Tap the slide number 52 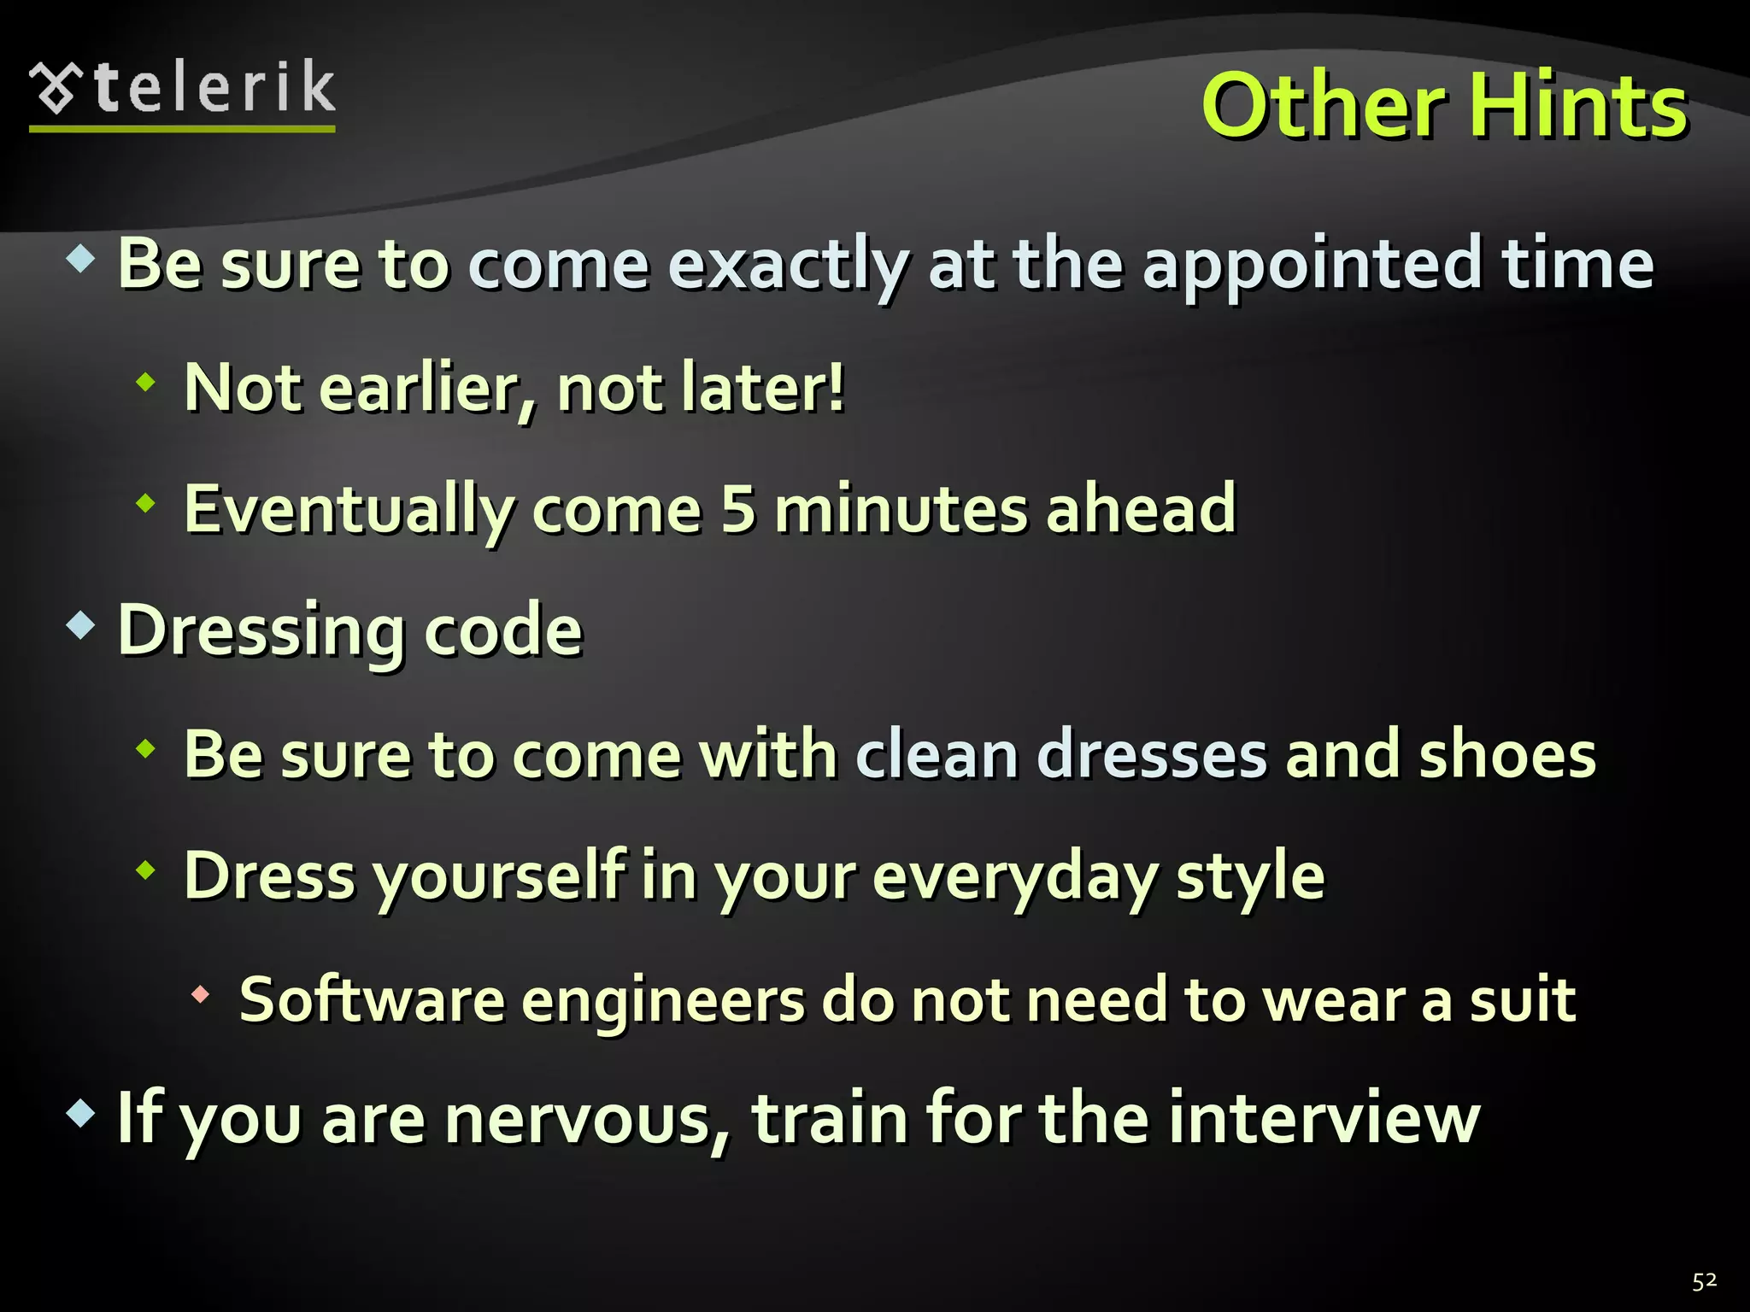pyautogui.click(x=1704, y=1281)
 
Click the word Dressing pyautogui.click(x=260, y=633)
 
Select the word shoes pyautogui.click(x=1507, y=755)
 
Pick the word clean pyautogui.click(x=937, y=755)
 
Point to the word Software pyautogui.click(x=372, y=999)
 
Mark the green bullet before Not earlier pyautogui.click(x=146, y=382)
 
